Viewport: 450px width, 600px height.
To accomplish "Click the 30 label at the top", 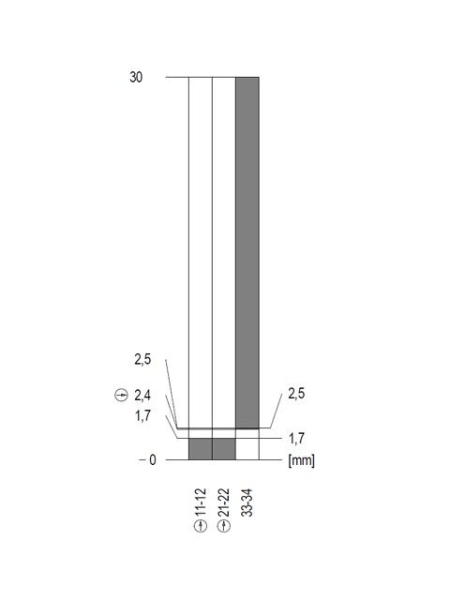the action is [136, 77].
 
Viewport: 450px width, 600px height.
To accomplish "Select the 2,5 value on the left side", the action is [142, 360].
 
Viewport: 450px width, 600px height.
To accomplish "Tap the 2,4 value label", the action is [142, 396].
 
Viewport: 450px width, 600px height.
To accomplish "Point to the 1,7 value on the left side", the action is [142, 415].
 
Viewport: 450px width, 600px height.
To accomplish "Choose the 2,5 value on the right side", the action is [296, 394].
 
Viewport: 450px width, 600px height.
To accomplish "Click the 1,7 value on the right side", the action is [296, 439].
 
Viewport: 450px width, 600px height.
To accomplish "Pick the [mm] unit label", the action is [302, 460].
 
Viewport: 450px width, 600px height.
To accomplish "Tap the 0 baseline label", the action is [152, 460].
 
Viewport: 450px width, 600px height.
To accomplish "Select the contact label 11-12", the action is [201, 502].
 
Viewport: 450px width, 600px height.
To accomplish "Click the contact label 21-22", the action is [224, 502].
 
